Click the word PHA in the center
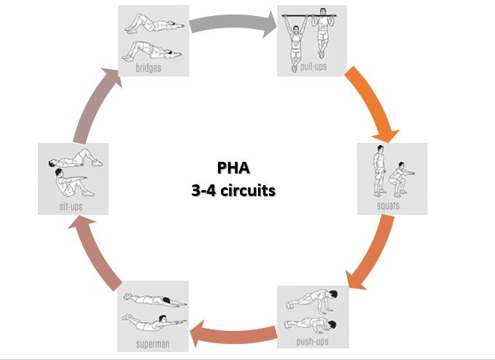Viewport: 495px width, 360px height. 233,168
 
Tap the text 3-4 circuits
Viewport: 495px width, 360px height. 233,191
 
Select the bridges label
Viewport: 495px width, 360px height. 149,68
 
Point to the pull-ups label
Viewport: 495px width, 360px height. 313,66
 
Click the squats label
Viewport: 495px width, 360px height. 388,206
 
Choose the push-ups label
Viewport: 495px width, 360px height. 312,341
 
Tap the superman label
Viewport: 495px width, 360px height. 153,343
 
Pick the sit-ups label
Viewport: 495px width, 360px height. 71,206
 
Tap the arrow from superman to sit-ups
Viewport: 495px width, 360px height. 95,252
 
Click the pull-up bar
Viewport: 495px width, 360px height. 309,15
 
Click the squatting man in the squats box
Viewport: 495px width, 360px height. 399,179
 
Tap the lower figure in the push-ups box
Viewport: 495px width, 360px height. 311,326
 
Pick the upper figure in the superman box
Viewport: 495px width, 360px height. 155,300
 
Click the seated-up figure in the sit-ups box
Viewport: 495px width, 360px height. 72,183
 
